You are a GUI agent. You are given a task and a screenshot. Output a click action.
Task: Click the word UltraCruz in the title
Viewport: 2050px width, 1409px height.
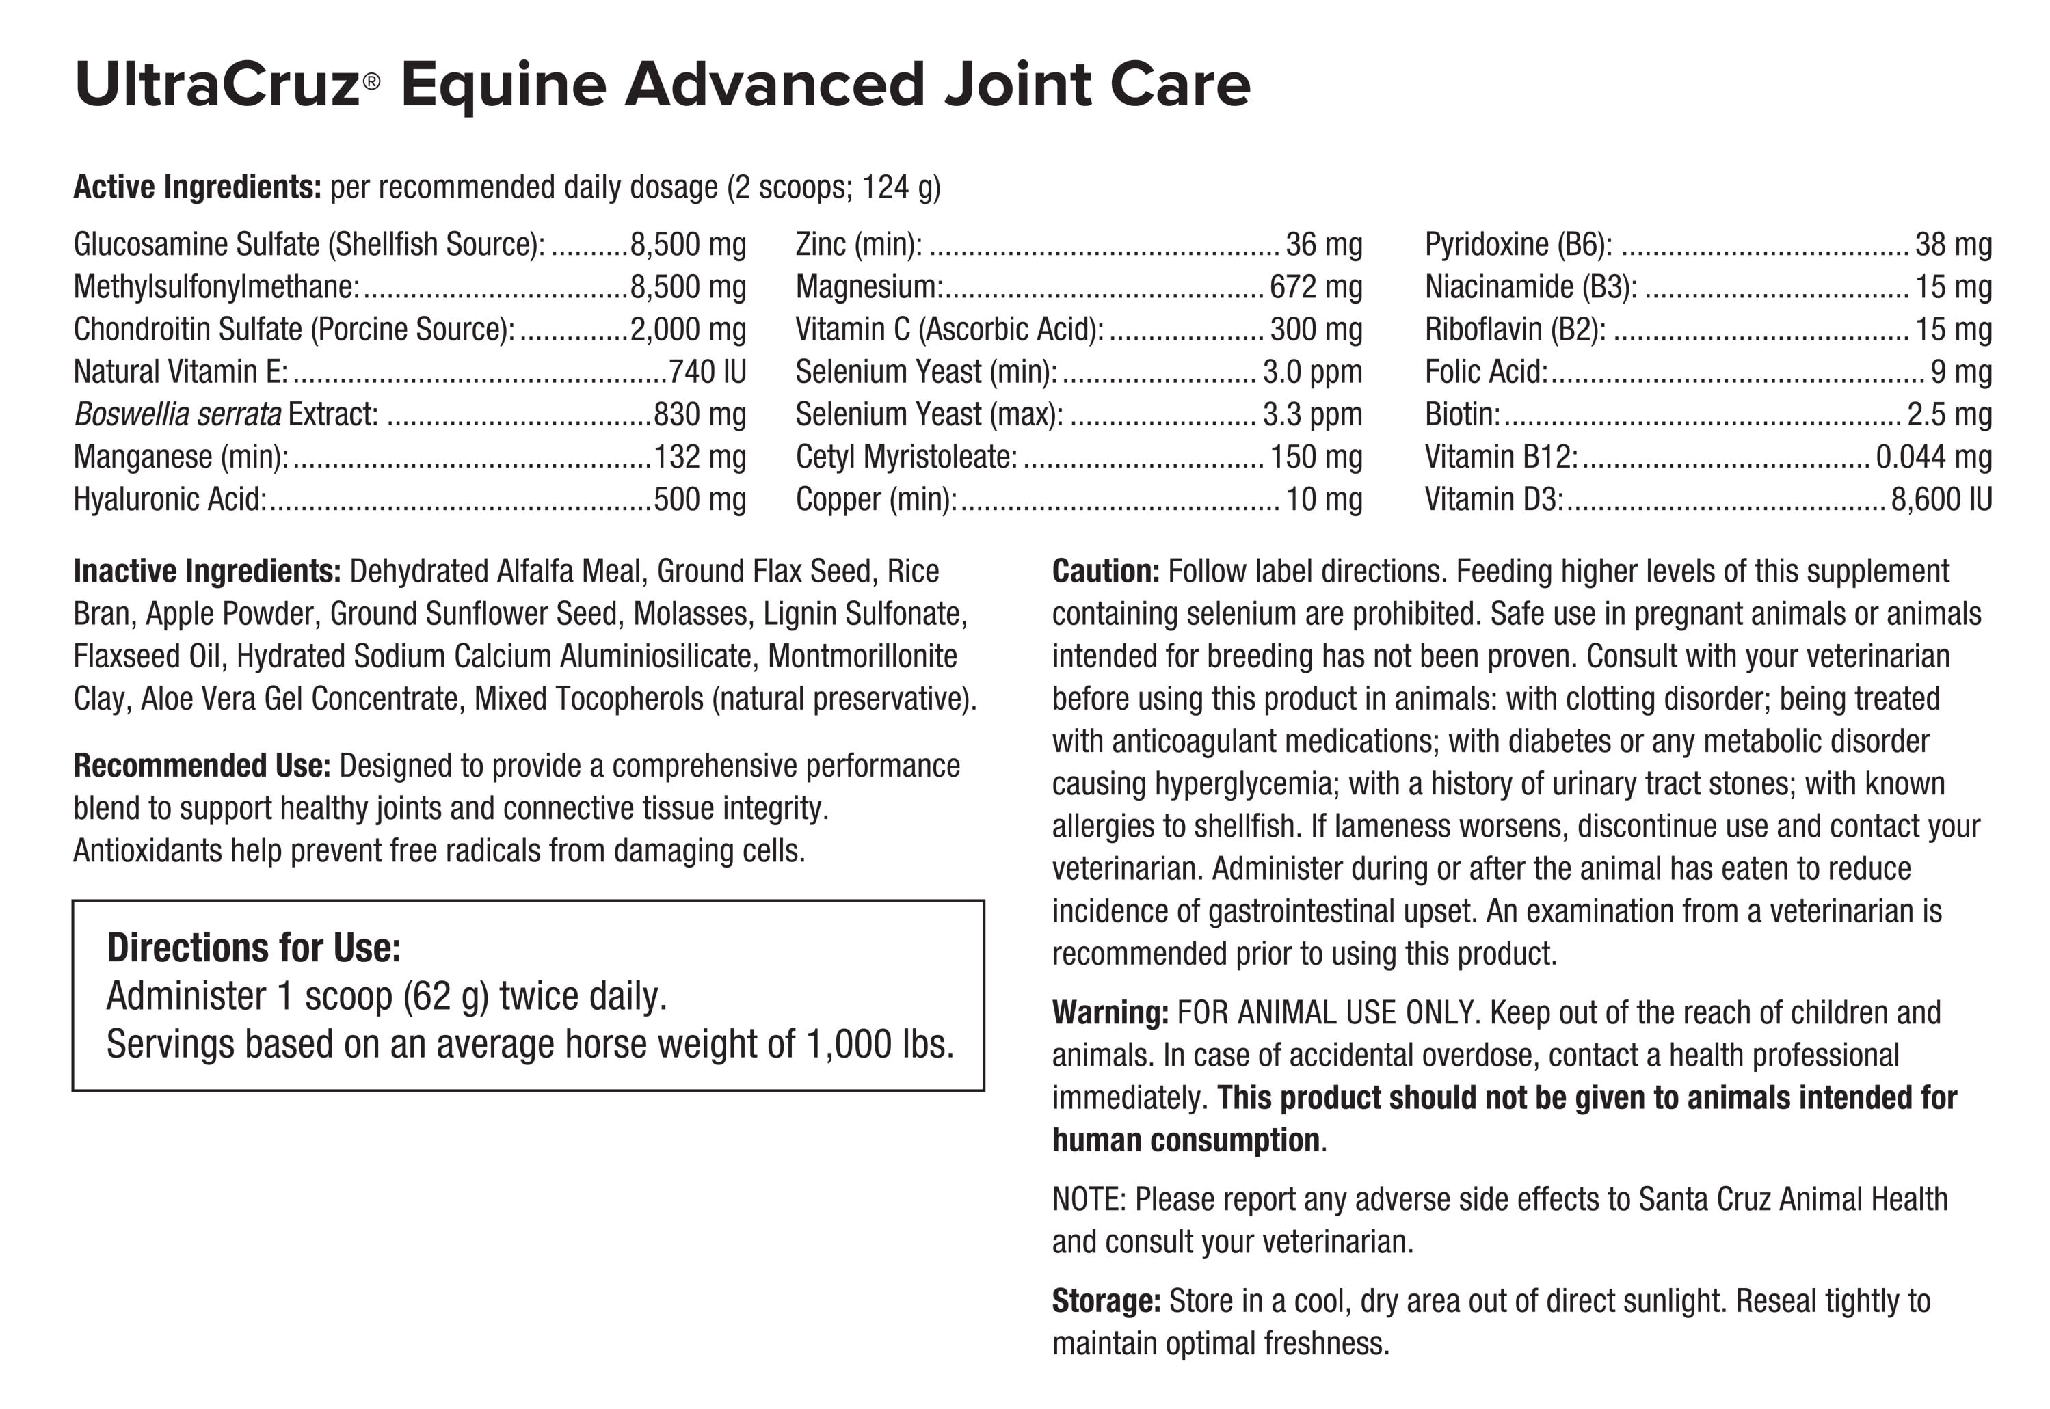tap(216, 85)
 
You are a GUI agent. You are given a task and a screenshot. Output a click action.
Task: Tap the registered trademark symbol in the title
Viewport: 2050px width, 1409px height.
tap(372, 82)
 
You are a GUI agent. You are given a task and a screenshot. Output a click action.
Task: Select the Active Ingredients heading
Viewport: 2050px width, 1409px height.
tap(197, 187)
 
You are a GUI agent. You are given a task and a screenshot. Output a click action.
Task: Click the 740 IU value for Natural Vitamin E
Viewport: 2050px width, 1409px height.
tap(707, 372)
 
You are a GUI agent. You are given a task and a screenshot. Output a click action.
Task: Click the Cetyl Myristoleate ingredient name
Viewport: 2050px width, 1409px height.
tap(906, 457)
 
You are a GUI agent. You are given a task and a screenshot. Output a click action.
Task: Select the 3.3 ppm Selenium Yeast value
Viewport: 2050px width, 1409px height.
tap(1312, 414)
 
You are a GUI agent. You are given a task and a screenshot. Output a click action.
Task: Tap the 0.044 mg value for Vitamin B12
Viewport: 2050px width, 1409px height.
tap(1934, 457)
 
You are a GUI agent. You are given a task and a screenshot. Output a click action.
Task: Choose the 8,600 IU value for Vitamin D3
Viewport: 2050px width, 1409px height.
tap(1941, 499)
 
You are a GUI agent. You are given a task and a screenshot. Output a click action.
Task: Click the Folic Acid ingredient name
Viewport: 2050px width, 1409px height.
tap(1486, 372)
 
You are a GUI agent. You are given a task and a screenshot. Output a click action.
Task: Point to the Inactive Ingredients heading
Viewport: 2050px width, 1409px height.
tap(207, 572)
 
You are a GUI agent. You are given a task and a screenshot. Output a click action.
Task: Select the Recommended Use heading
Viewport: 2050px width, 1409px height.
tap(201, 766)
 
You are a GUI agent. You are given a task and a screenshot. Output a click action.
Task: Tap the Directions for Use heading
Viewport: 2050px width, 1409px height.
tap(254, 948)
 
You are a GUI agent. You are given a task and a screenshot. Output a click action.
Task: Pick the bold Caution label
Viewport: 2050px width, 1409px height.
tap(1105, 572)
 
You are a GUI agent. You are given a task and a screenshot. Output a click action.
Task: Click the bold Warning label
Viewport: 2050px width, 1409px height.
tap(1110, 1012)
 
